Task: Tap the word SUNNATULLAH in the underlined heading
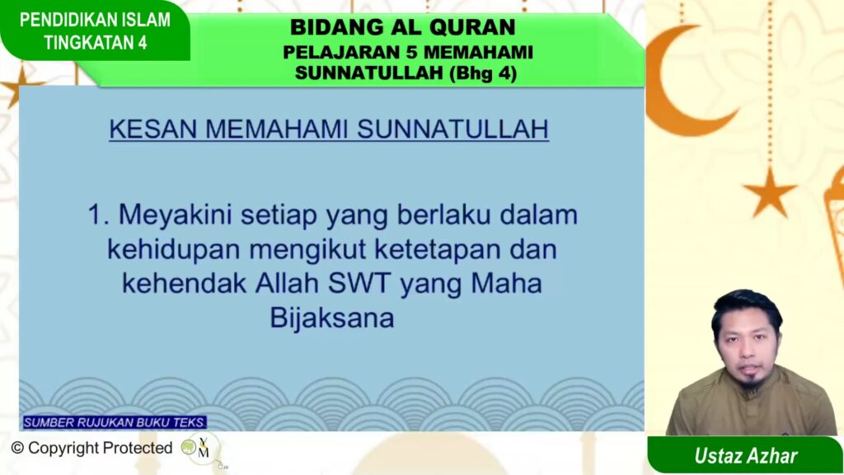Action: click(x=452, y=129)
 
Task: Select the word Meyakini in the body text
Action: click(x=175, y=215)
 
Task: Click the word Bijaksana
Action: click(x=331, y=317)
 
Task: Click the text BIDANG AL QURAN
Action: click(x=402, y=27)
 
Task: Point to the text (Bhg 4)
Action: click(x=483, y=73)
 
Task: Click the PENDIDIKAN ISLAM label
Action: click(x=95, y=20)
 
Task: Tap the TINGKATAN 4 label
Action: click(x=96, y=43)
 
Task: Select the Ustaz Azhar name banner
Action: click(x=745, y=455)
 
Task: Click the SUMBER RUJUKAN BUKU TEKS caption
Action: click(x=114, y=423)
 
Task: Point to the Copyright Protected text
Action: click(x=92, y=448)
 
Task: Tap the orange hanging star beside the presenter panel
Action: click(x=770, y=193)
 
